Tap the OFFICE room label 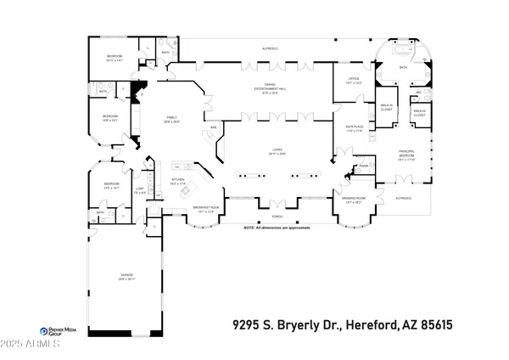[x=354, y=81]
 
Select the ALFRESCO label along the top [x=270, y=49]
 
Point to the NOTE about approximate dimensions [x=276, y=228]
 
